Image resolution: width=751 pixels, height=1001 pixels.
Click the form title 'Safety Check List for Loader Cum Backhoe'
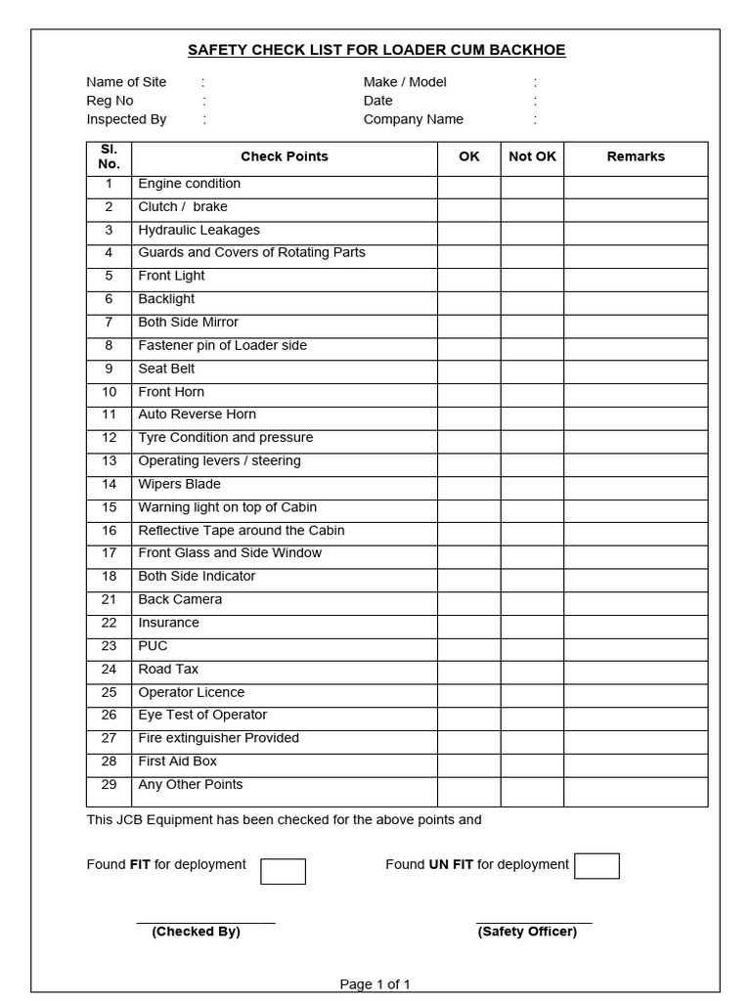[375, 50]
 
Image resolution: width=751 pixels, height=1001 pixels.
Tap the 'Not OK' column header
[532, 156]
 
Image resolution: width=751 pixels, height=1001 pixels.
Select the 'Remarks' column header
[636, 156]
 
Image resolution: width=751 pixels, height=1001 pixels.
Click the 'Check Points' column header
[285, 156]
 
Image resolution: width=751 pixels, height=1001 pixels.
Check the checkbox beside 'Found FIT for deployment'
[283, 871]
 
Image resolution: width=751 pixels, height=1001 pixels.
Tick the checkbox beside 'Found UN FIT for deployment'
[596, 866]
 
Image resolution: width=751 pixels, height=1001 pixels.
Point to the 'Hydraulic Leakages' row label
[199, 230]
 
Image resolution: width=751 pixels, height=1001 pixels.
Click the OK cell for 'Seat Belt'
[469, 370]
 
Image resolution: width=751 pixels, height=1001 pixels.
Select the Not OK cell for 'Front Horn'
[532, 392]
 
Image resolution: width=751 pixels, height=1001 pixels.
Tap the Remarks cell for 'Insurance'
[636, 623]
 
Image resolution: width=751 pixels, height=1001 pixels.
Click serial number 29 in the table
[109, 785]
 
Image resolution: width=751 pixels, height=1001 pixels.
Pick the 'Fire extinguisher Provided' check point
[219, 738]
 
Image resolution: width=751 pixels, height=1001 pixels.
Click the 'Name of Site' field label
[127, 82]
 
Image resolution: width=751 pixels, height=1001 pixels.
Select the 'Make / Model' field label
[405, 82]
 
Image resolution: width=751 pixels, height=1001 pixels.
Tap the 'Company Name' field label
[414, 119]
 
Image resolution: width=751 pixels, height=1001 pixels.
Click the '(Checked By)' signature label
[196, 932]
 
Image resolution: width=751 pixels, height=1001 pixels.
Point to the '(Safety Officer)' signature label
[527, 932]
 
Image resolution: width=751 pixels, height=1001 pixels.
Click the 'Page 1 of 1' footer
[375, 984]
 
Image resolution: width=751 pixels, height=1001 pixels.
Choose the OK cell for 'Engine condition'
[469, 184]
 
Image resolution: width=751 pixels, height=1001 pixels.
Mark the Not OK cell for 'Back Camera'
[532, 600]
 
